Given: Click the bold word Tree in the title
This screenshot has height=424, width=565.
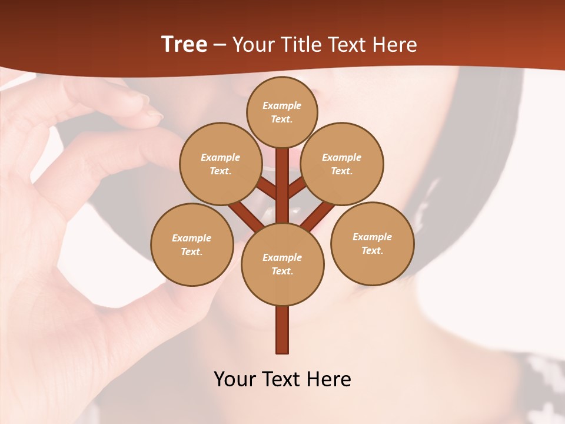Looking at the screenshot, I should click(x=184, y=45).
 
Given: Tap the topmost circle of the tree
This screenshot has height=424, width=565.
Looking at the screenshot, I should click(x=282, y=112).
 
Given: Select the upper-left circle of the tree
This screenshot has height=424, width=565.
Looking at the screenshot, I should click(x=221, y=164).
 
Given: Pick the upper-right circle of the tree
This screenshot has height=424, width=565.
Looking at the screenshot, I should click(x=342, y=164).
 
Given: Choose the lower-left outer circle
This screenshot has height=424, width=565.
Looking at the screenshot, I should click(x=192, y=244).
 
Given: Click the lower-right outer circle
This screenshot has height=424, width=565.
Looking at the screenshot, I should click(x=373, y=243).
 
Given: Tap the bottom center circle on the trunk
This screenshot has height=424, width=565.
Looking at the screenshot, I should click(x=282, y=264).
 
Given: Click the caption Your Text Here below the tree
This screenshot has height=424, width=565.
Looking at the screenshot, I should click(x=282, y=379).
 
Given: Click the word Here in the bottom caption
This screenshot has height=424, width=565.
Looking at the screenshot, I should click(x=330, y=379).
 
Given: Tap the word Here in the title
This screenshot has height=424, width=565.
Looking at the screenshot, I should click(x=396, y=45).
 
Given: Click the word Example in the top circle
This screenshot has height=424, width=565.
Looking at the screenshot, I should click(x=282, y=105).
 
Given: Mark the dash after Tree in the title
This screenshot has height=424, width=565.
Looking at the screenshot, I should click(x=220, y=45).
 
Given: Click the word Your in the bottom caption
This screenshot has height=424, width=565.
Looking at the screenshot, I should click(x=235, y=379).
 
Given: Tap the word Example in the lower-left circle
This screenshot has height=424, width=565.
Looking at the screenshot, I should click(x=192, y=238).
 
